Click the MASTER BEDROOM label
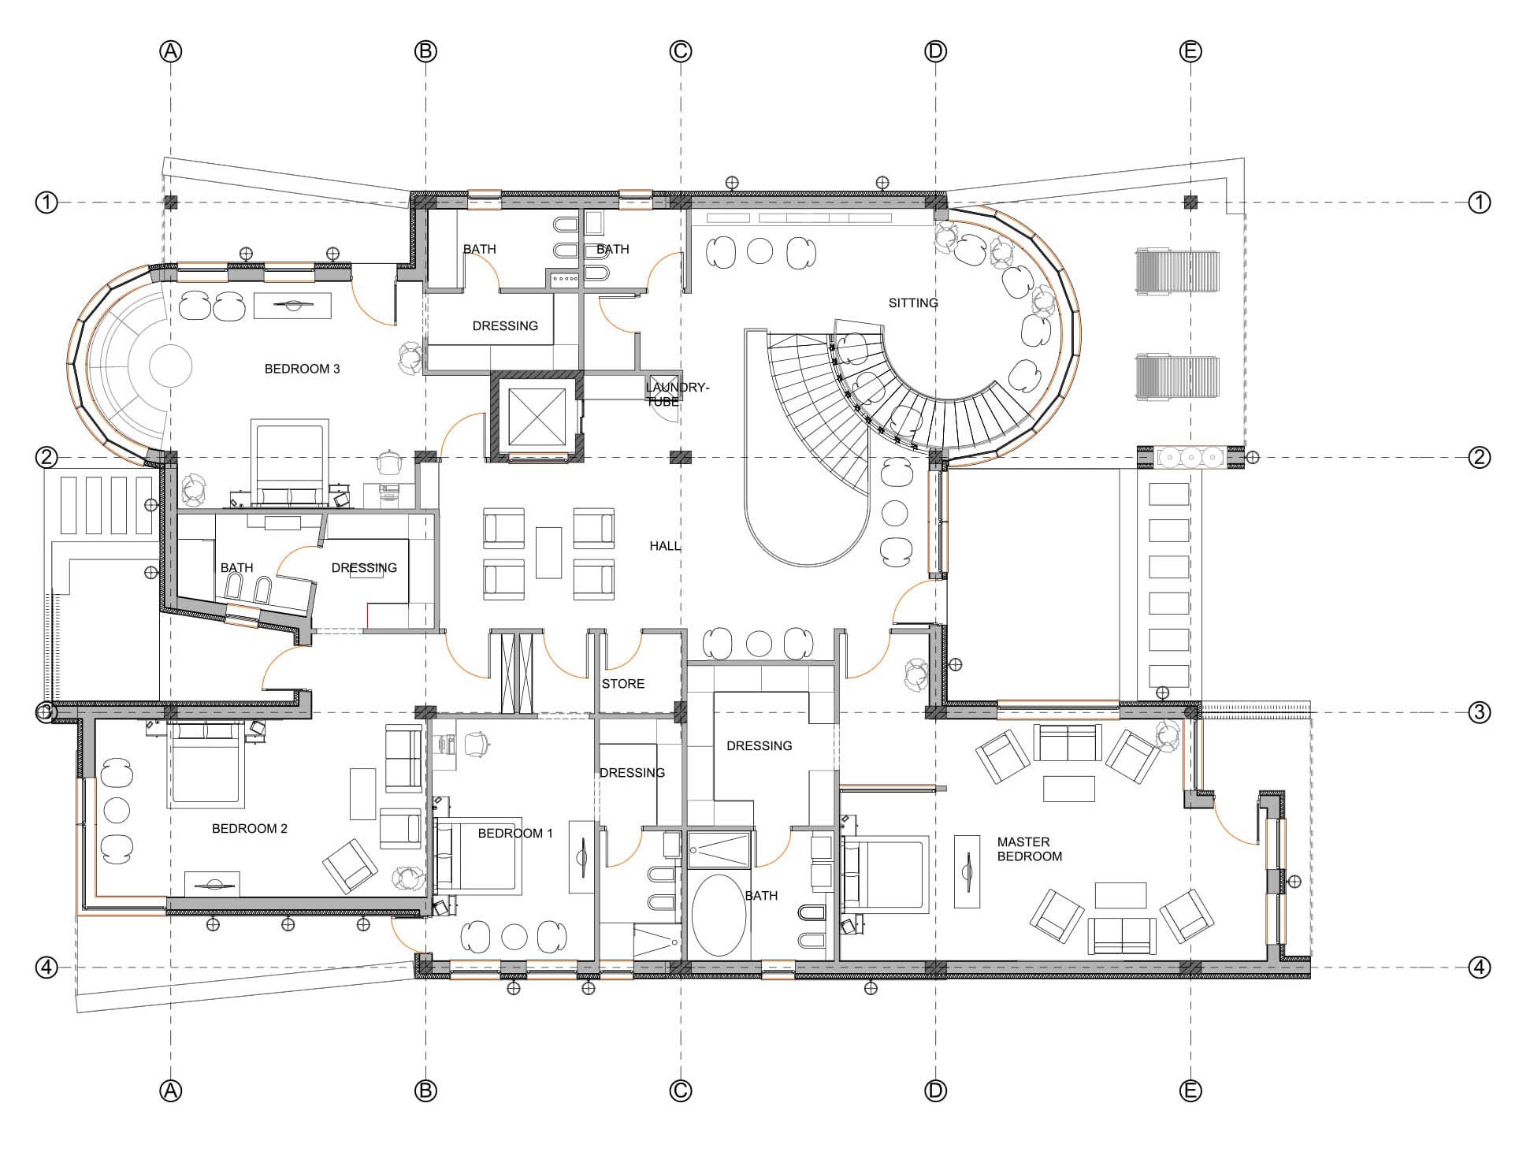point(1029,849)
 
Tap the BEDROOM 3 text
point(302,369)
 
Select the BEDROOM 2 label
point(250,829)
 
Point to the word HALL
point(665,546)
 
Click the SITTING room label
point(913,303)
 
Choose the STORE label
point(623,684)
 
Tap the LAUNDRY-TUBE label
point(677,394)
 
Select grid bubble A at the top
point(171,51)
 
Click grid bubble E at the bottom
point(1190,1090)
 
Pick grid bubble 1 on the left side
point(46,202)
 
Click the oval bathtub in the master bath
point(719,915)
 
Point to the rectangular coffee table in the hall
point(548,553)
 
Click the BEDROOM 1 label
point(515,834)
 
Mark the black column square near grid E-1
point(1190,202)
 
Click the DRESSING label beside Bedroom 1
point(632,773)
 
